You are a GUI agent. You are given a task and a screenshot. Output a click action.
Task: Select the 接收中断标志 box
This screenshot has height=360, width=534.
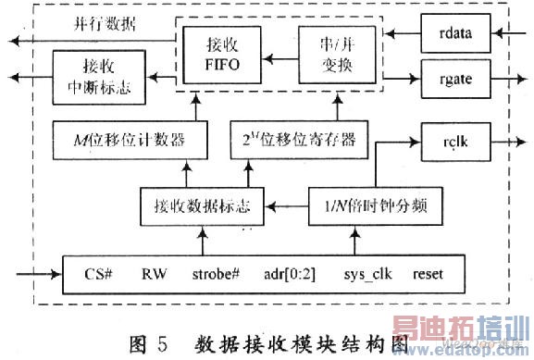pos(90,72)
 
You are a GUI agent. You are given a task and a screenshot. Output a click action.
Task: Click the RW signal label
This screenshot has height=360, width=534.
pos(153,274)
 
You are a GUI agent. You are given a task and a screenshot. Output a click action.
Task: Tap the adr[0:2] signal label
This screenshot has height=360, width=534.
pos(290,274)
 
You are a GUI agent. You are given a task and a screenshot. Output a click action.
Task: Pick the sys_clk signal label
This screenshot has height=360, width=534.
pos(364,274)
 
